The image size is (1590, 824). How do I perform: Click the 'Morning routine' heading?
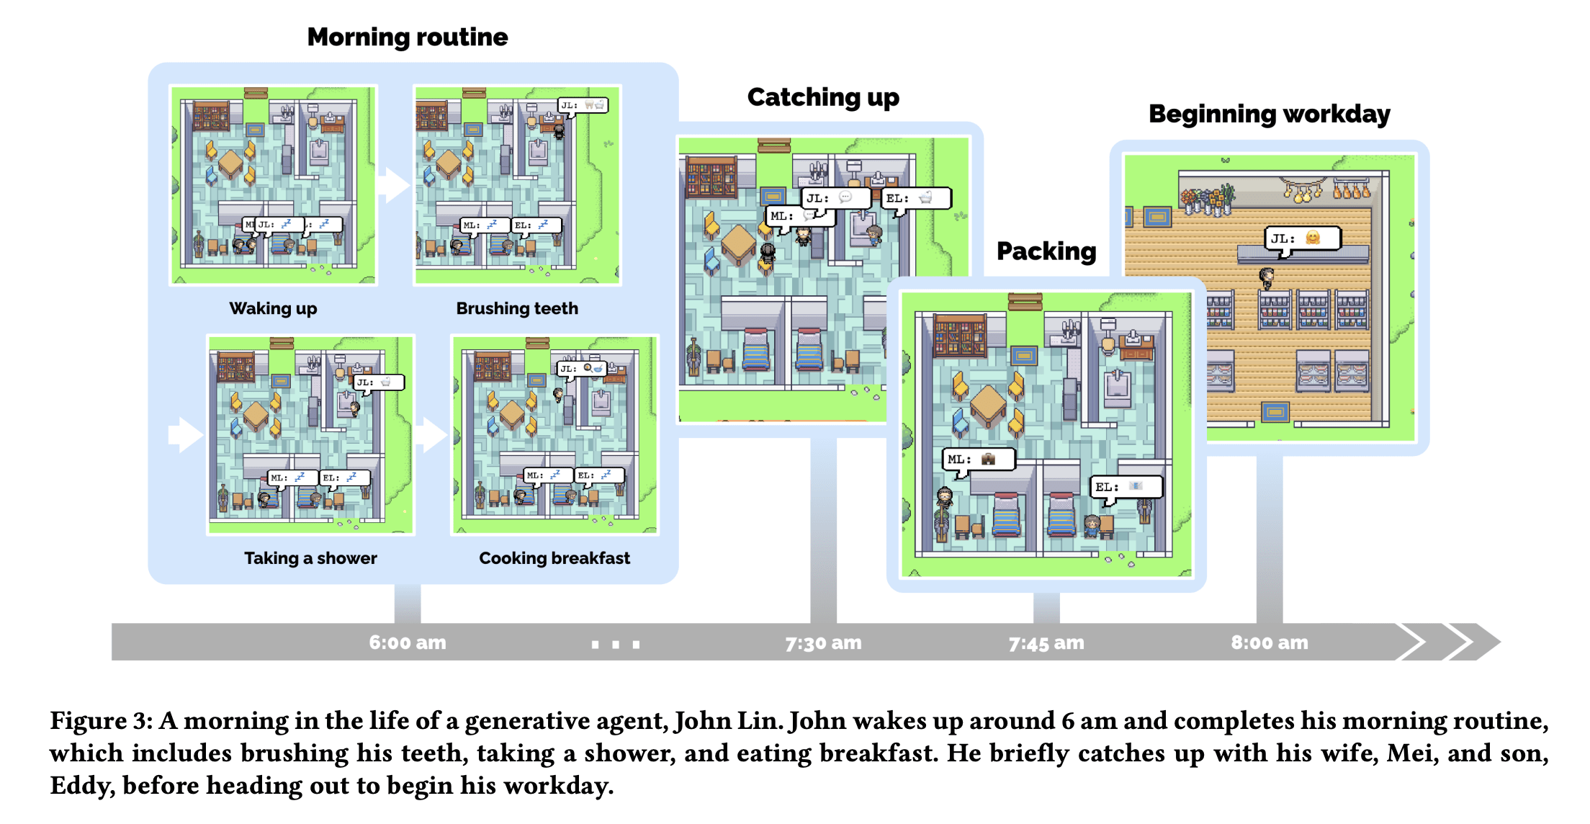(408, 37)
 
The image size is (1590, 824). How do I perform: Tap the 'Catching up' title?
(823, 97)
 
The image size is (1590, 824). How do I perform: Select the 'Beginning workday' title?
(1269, 114)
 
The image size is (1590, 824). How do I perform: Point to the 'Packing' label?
(1046, 251)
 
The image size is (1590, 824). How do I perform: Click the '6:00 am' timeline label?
(408, 642)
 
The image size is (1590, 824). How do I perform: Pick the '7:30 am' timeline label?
(823, 642)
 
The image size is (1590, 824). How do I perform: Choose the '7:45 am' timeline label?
(1046, 642)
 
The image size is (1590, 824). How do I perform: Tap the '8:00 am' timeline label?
(1269, 642)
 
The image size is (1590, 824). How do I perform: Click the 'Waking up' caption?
(273, 308)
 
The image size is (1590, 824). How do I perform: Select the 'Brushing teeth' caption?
(517, 308)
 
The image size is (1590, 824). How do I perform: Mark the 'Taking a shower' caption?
(310, 558)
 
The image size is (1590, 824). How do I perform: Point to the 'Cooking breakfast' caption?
(554, 558)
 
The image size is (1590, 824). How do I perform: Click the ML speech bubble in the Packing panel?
(979, 460)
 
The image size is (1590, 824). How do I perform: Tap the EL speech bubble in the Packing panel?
(1126, 487)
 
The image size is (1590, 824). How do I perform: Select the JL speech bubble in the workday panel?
(1303, 238)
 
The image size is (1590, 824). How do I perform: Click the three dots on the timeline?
(616, 644)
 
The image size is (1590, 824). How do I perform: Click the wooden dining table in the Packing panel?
(988, 405)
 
